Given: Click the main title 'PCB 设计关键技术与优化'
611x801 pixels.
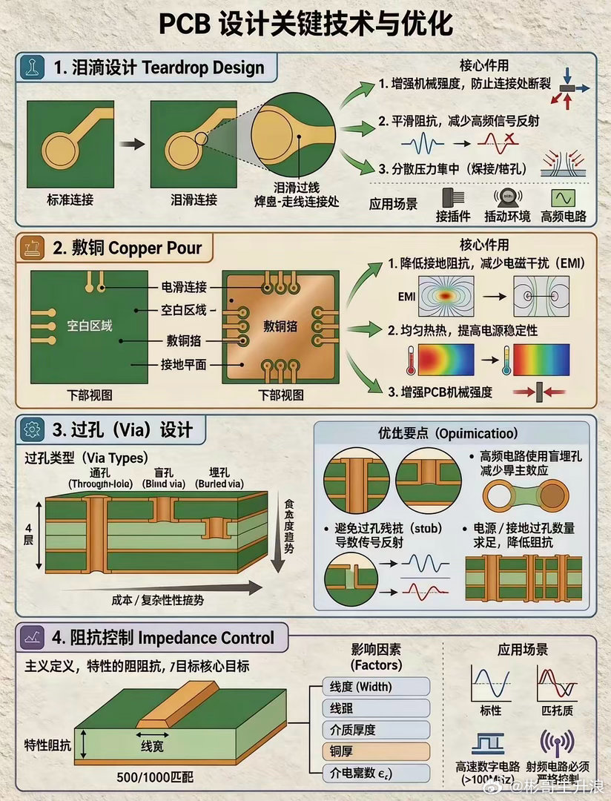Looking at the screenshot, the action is (305, 24).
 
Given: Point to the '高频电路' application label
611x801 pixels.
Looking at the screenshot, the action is (564, 217).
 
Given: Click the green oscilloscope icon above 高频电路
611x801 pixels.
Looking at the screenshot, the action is (564, 198).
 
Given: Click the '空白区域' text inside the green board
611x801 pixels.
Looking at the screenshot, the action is (90, 325).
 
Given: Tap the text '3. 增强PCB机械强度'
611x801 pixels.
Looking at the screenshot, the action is (440, 392).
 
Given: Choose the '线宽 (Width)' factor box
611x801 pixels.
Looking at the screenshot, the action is (377, 687).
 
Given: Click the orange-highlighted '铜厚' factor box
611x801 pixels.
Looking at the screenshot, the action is (377, 751).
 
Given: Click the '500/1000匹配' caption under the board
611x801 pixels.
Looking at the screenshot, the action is (155, 778).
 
